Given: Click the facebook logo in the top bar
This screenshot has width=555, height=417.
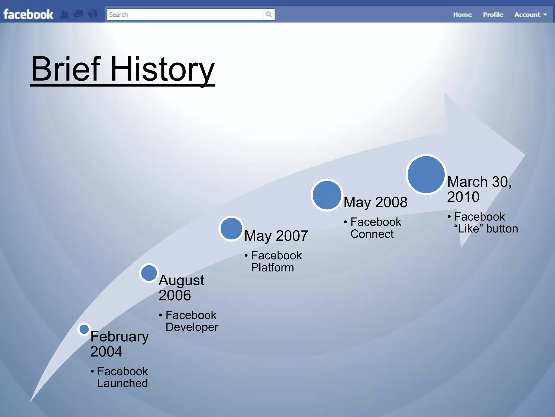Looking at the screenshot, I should [28, 14].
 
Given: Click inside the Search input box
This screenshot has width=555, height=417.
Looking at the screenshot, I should [184, 15].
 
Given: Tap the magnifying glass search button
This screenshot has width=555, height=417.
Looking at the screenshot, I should [269, 14].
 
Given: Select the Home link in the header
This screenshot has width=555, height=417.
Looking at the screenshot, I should [462, 15].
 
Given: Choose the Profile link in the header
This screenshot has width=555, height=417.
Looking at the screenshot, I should [493, 15].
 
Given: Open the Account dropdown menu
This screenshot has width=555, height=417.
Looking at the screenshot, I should [530, 15].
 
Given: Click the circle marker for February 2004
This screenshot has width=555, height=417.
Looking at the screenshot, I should [84, 329].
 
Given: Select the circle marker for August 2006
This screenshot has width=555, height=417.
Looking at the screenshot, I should [149, 273].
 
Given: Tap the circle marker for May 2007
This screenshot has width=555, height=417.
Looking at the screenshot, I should [231, 229].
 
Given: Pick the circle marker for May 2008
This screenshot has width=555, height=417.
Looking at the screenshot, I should [327, 195].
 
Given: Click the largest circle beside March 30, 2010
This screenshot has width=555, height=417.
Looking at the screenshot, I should [426, 175].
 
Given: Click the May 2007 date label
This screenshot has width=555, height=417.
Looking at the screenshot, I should [276, 236].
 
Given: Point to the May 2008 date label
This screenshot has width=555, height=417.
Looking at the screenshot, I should [375, 202].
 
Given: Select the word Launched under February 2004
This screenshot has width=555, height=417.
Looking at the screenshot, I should [122, 383].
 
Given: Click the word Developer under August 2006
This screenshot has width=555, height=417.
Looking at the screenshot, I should [192, 327].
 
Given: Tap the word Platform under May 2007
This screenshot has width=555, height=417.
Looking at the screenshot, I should [272, 268].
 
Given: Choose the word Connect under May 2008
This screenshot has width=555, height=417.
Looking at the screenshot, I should [372, 234].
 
